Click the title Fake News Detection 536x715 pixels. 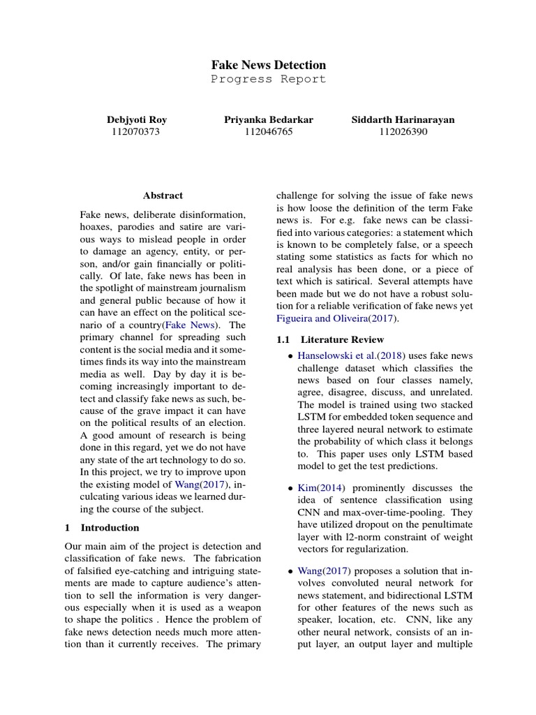click(x=268, y=65)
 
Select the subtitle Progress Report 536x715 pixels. click(x=268, y=79)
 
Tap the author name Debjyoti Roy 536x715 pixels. click(x=136, y=119)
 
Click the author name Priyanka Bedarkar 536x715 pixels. click(x=268, y=119)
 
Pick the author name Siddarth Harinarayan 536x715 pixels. click(x=403, y=119)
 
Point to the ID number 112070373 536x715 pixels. click(x=136, y=131)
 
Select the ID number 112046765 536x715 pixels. click(x=268, y=131)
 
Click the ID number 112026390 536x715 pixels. click(x=403, y=131)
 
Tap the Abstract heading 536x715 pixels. click(x=163, y=196)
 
